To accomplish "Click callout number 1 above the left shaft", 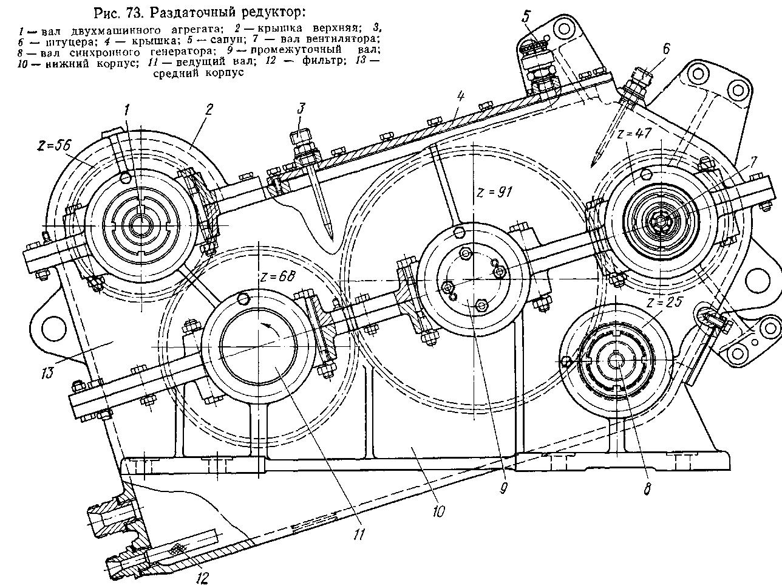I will (x=127, y=109).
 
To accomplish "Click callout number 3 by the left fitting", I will (x=301, y=109).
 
